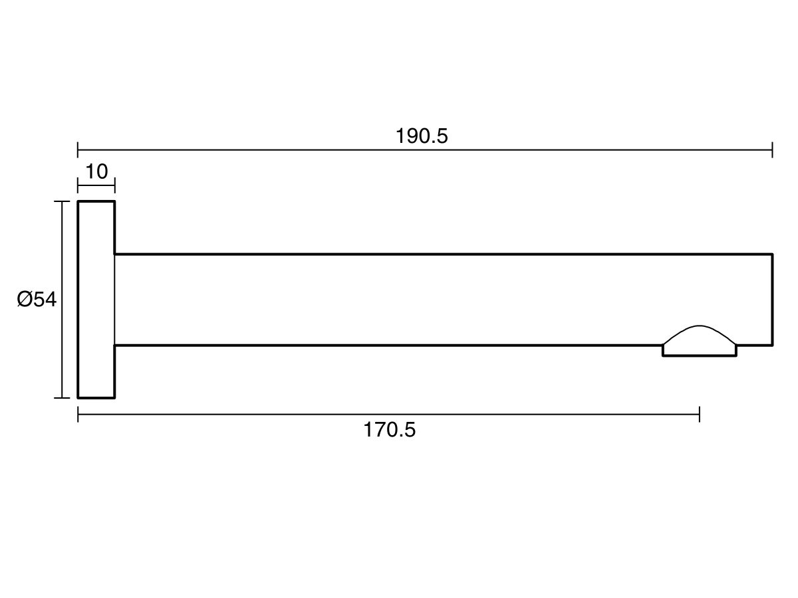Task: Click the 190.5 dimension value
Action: (x=422, y=136)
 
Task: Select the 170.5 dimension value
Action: (x=389, y=430)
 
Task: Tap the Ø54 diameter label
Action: (x=37, y=300)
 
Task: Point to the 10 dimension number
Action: (x=96, y=171)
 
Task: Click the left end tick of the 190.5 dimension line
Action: (x=78, y=149)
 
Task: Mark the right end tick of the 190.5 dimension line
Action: (x=772, y=149)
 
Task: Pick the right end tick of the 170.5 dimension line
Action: (x=699, y=414)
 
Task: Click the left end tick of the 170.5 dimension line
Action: (x=78, y=414)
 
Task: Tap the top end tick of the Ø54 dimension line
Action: (x=62, y=201)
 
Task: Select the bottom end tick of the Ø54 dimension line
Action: (x=62, y=398)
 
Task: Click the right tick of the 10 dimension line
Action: (x=115, y=185)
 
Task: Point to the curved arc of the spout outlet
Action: (x=700, y=326)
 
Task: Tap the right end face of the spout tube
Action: (x=772, y=300)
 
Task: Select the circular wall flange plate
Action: (x=96, y=300)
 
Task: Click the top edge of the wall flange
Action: (x=96, y=201)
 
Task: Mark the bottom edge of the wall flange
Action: (x=96, y=398)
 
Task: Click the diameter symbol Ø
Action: (x=25, y=300)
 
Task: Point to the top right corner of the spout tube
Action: (x=772, y=254)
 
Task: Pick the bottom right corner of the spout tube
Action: (x=772, y=346)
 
